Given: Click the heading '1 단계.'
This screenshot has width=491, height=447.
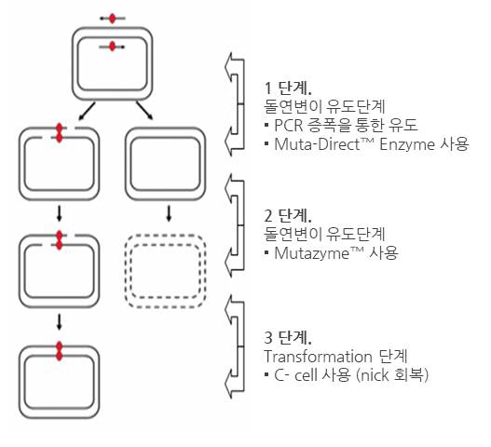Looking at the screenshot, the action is (288, 88).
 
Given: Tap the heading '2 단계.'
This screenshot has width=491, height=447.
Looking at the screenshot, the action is (288, 215).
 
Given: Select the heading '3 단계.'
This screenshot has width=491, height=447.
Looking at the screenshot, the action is (288, 337).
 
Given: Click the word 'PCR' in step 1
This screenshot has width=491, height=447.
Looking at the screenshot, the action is (289, 125).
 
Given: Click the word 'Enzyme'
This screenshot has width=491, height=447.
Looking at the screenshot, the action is (407, 144).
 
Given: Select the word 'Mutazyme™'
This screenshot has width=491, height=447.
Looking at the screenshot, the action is (319, 253).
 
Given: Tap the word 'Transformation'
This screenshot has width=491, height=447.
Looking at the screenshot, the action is (318, 357).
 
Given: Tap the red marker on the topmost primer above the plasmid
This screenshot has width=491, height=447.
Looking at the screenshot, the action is (113, 19).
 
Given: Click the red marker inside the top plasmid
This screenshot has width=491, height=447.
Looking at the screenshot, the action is (113, 47).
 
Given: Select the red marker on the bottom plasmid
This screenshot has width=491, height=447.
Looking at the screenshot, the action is (60, 351).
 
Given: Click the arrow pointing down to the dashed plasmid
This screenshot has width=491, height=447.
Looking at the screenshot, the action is (169, 213).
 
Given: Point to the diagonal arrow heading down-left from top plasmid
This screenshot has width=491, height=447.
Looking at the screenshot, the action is (87, 111).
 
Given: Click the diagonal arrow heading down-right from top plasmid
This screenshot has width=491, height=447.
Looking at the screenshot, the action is (144, 110).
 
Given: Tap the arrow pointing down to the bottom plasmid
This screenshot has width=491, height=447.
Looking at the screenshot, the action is (60, 322).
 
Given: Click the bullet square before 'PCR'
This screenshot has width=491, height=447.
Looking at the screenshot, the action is (266, 125).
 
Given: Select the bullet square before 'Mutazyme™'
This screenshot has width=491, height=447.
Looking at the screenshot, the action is (266, 252).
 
